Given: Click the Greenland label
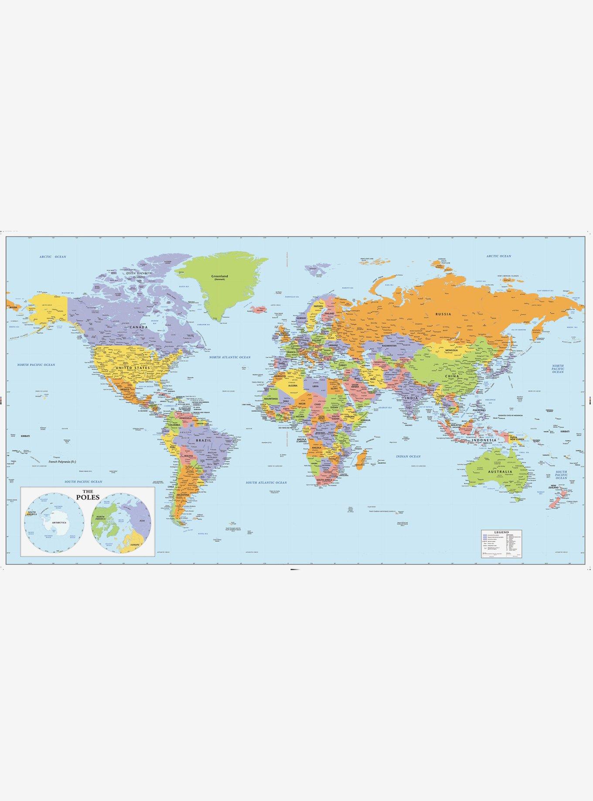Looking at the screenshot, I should [x=217, y=276].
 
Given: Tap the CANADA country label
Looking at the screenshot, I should [x=137, y=327].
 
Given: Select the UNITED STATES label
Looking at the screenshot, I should [x=133, y=368].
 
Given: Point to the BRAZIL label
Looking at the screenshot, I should [x=203, y=441].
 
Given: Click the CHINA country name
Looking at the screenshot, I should [x=450, y=375].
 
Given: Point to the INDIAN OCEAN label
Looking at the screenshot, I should [x=408, y=456].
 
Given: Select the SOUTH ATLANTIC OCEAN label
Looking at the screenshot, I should [x=266, y=483].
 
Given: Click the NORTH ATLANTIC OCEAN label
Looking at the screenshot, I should [x=230, y=357].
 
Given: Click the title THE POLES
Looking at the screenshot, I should [x=88, y=497].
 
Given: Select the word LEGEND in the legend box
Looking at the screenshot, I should [x=501, y=533].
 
